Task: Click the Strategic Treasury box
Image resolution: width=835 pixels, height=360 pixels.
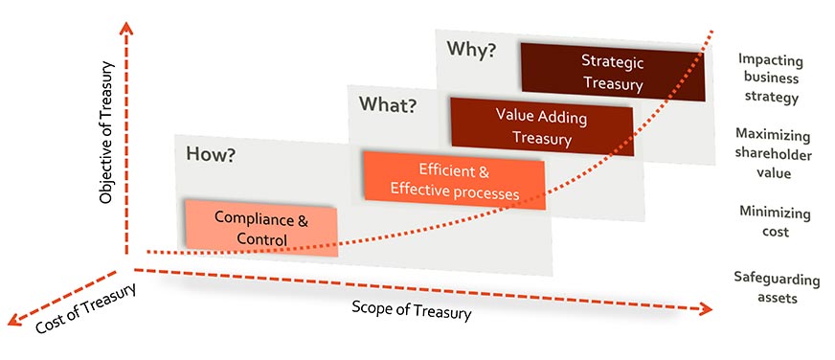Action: pos(613,72)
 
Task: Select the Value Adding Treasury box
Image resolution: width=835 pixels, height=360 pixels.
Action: pos(541,125)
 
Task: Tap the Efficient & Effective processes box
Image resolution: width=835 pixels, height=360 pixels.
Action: pos(454,182)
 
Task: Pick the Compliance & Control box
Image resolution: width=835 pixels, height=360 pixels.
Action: pos(260,229)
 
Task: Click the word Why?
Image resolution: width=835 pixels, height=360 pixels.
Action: pos(472,50)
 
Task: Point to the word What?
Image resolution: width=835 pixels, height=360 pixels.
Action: pos(387,103)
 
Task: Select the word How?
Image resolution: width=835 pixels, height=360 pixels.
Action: pos(211,153)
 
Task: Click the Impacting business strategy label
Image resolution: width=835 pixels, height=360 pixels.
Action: pos(769,78)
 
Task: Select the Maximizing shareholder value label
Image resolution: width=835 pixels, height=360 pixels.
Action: pos(771,153)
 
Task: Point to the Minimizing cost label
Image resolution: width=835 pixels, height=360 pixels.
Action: pos(775,221)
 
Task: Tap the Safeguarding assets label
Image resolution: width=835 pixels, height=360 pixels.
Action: pos(777,288)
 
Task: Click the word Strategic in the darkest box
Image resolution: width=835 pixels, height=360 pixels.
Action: pos(613,61)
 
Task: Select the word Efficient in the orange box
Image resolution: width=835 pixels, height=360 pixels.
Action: pos(441,172)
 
